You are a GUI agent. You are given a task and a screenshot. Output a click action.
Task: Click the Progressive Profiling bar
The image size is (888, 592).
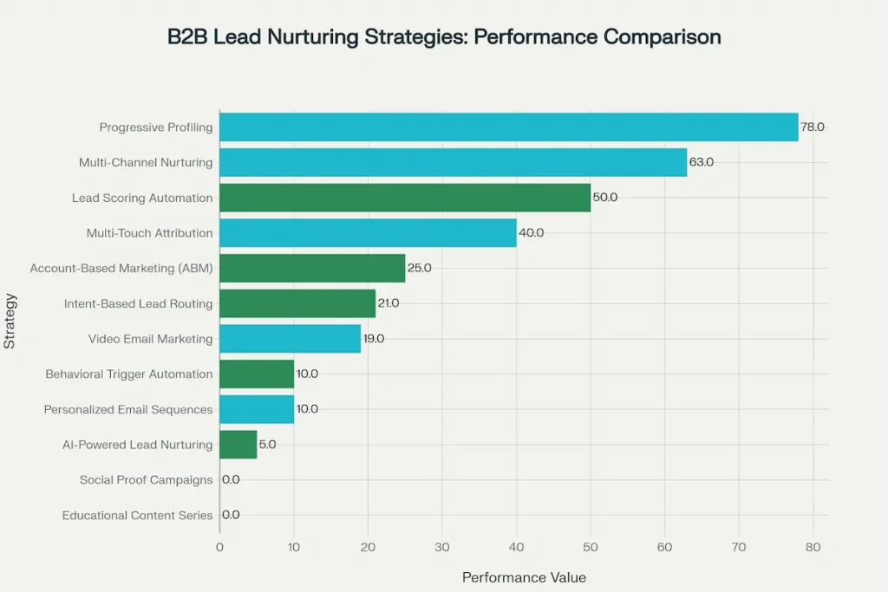[x=508, y=127]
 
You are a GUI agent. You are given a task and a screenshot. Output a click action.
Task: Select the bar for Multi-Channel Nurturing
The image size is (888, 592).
[x=453, y=162]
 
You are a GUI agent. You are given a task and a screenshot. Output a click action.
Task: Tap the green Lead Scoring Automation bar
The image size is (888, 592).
[x=404, y=198]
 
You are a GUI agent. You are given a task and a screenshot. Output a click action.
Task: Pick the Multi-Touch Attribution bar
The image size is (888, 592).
[x=368, y=233]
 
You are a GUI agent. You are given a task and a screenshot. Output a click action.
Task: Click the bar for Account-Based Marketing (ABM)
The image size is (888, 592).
[x=312, y=268]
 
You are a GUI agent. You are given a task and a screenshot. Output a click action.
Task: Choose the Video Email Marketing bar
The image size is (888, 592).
[x=290, y=339]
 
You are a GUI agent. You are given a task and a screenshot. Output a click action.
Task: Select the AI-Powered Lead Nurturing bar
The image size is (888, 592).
[x=238, y=445]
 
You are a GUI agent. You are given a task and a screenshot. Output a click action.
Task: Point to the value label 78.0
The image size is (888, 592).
[x=813, y=127]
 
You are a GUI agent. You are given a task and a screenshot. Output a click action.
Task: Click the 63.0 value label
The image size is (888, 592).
[x=702, y=162]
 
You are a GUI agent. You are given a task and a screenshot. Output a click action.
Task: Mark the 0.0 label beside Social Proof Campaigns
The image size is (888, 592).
[x=231, y=479]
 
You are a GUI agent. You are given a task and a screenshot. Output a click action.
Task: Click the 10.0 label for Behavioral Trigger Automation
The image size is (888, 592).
[x=307, y=374]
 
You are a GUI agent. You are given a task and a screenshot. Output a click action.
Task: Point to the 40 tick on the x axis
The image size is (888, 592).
[x=516, y=547]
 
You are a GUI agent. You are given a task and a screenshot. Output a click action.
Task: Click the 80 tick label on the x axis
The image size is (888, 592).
[x=813, y=547]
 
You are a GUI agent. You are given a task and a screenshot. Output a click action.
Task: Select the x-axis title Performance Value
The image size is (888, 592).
[x=524, y=577]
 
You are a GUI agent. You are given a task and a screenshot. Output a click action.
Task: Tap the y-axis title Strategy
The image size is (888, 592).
[x=10, y=322]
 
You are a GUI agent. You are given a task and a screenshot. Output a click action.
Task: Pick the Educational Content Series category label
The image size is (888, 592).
[x=137, y=515]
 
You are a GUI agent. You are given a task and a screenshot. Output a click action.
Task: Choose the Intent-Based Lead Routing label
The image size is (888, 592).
[x=138, y=303]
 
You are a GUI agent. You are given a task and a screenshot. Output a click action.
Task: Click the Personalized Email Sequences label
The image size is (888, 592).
[x=128, y=409]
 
